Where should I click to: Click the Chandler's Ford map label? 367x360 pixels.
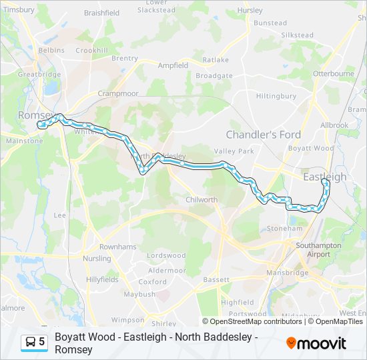(x=263, y=135)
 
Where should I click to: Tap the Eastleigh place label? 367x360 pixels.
(x=325, y=177)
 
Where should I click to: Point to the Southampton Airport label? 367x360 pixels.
(x=319, y=250)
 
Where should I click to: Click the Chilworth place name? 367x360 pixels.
(x=202, y=200)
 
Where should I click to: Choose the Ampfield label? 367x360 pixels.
(x=173, y=65)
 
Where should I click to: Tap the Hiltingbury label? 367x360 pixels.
(x=276, y=96)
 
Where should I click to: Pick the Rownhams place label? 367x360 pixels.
(x=117, y=247)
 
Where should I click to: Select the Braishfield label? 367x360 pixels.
(x=102, y=13)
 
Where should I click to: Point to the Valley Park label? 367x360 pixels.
(x=239, y=151)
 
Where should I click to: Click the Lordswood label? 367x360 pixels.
(x=166, y=255)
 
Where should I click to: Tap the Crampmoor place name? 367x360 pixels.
(x=117, y=94)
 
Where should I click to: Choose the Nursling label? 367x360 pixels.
(x=97, y=258)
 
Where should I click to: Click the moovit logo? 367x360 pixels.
(x=316, y=343)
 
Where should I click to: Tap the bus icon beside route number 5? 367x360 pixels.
(x=31, y=342)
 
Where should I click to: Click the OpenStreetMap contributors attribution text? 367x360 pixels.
(x=256, y=321)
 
